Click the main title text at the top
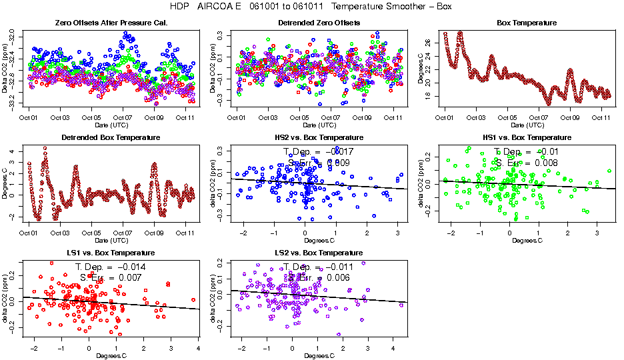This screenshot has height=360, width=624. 312,7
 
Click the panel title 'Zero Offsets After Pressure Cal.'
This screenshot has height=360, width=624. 110,23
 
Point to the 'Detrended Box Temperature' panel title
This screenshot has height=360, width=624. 111,138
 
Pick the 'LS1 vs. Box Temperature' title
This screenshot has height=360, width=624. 111,253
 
